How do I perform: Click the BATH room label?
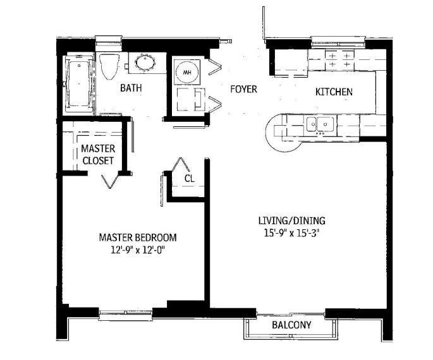coord(131,88)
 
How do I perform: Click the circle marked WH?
coord(186,73)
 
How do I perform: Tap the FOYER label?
coord(243,89)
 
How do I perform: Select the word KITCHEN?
coord(334,92)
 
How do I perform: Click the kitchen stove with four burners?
coord(339,61)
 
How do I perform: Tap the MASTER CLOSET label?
coord(97,155)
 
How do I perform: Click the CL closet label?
coord(189,178)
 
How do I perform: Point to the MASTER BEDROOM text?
coord(138,237)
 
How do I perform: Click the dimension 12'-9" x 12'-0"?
coord(138,250)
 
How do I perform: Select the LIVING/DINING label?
coord(291,220)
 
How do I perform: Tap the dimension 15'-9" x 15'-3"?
coord(291,232)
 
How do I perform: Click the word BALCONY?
coord(291,325)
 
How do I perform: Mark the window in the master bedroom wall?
coord(125,311)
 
